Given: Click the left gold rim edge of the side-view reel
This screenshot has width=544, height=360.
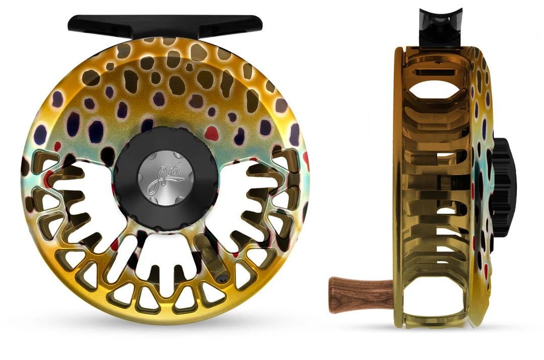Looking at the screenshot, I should click(x=398, y=191).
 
